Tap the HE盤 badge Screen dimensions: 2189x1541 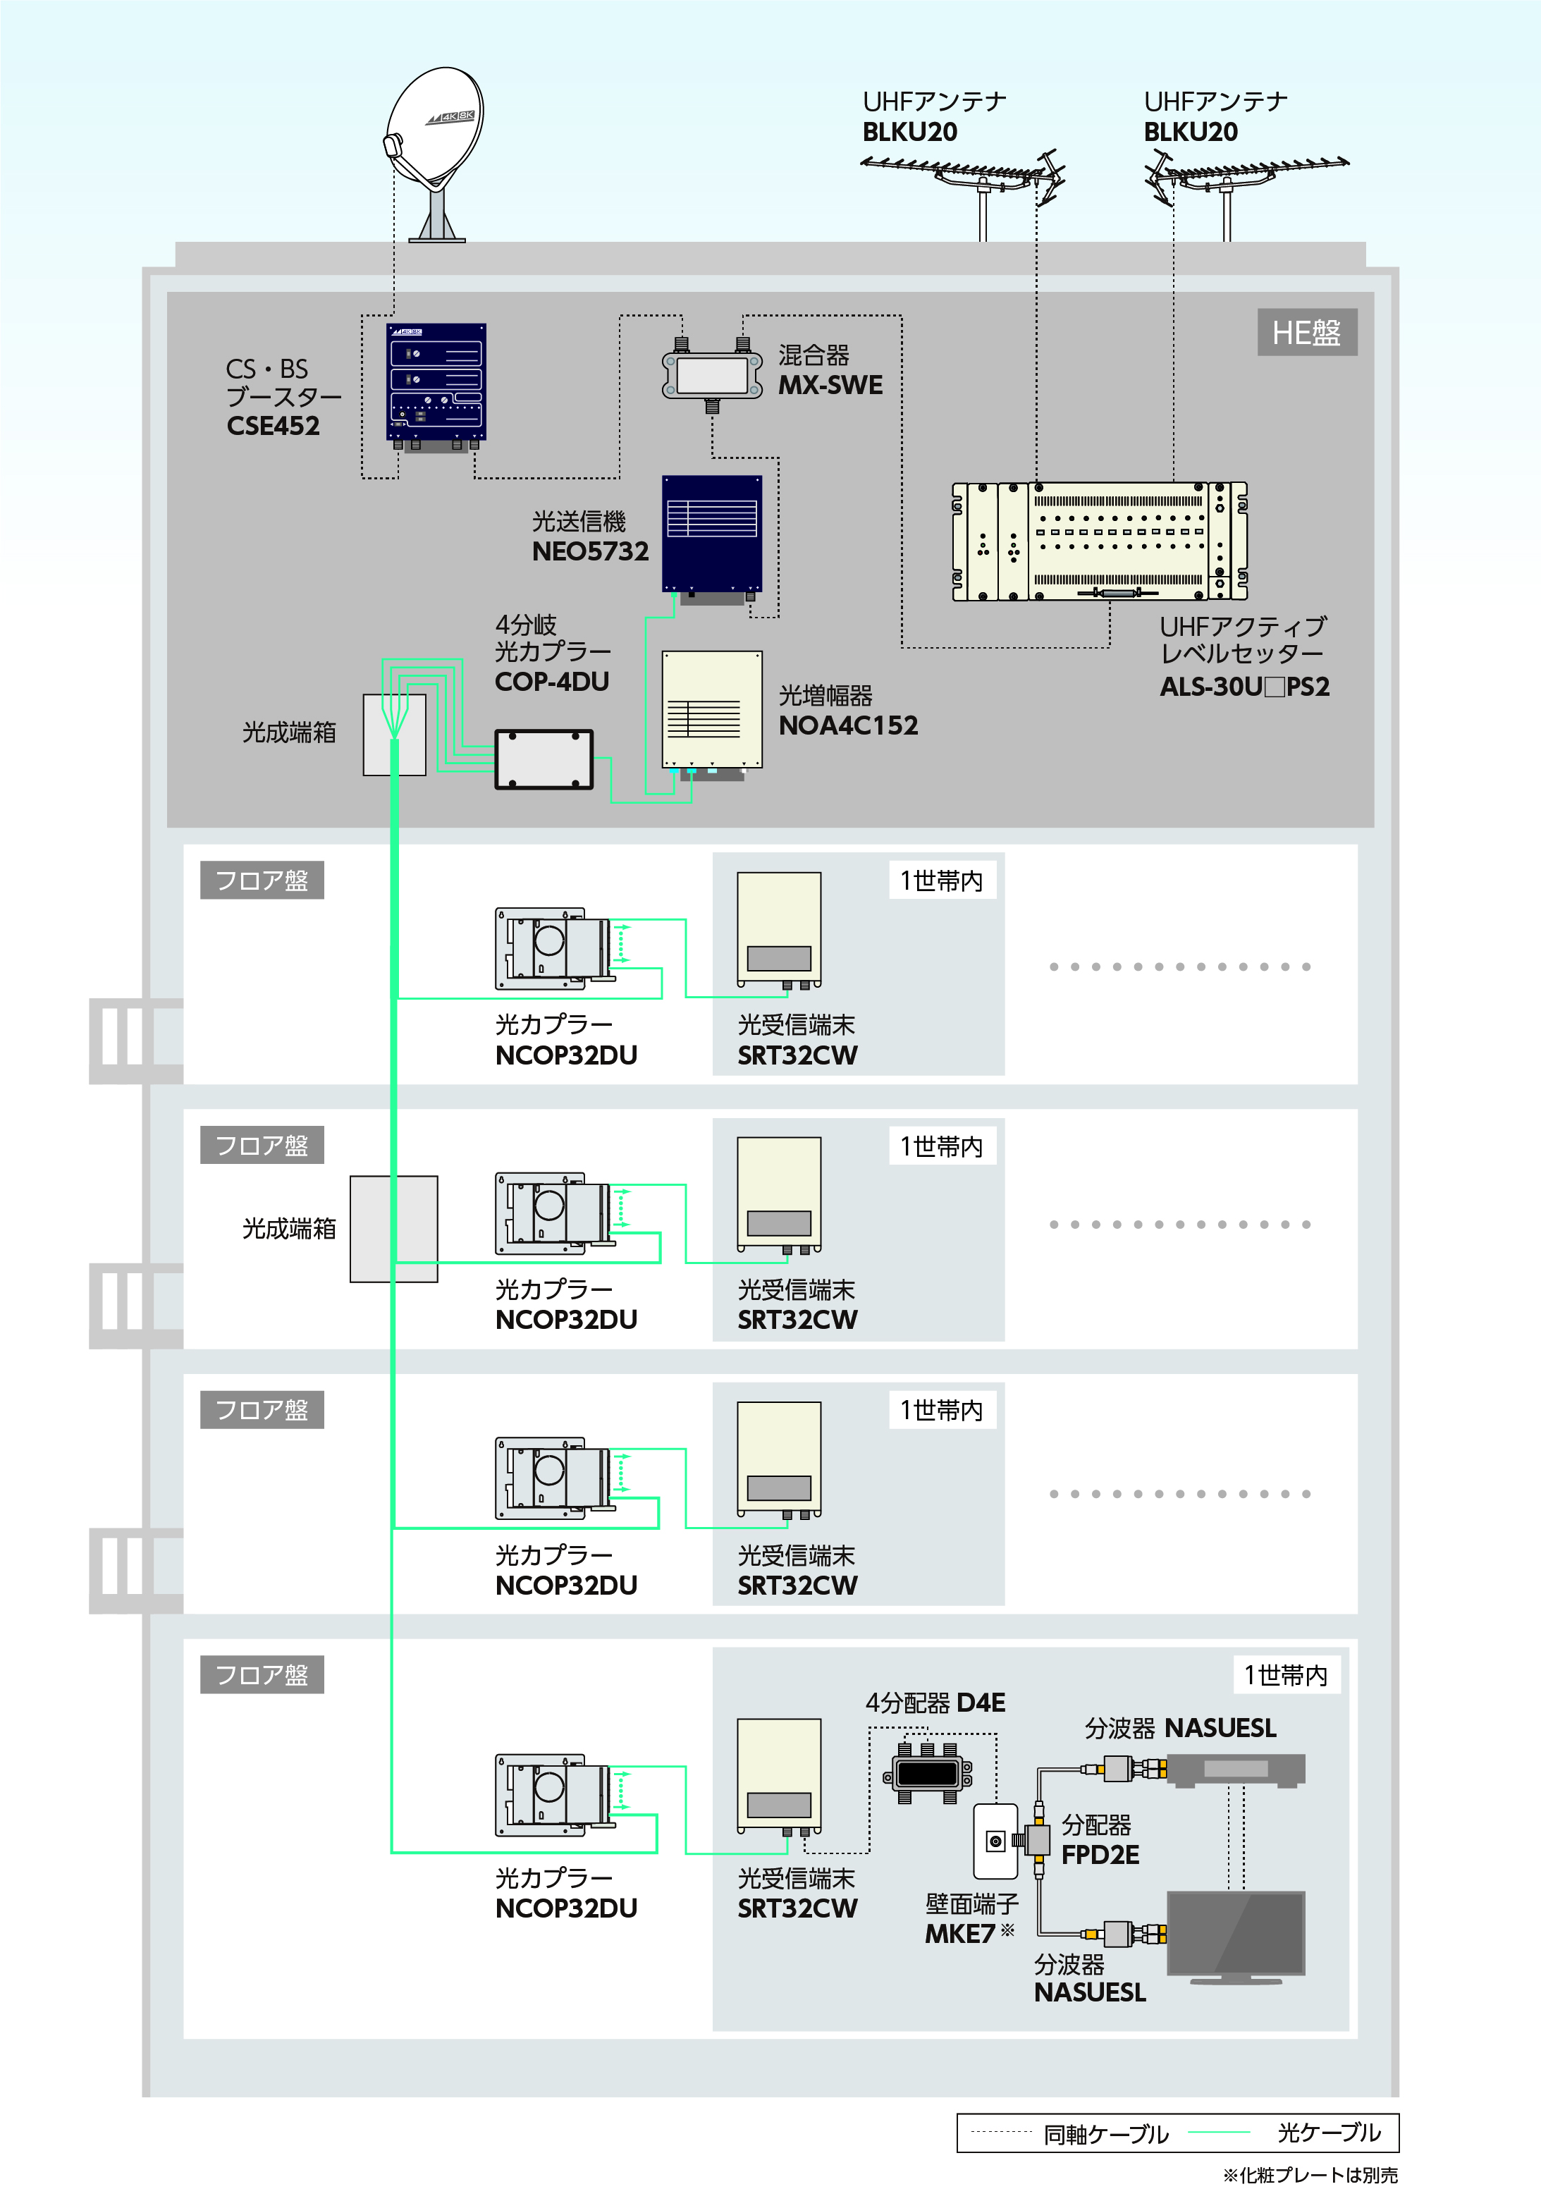[1306, 332]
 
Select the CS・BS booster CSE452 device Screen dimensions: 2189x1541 [436, 384]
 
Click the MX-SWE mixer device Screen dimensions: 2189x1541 [712, 374]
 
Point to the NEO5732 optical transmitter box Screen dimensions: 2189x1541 [712, 533]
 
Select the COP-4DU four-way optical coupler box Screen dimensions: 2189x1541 [544, 759]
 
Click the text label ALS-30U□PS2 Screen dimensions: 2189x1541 [1244, 687]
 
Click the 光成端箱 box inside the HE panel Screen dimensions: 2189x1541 [394, 734]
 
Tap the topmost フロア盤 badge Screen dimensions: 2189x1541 [262, 880]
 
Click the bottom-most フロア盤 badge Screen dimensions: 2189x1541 [262, 1674]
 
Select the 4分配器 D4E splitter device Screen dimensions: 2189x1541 [927, 1773]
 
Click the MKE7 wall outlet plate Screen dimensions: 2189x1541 [995, 1841]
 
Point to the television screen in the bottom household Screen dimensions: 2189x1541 [1235, 1932]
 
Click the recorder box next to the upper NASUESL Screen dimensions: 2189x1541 [1236, 1770]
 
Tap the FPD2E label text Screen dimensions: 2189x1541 [1100, 1854]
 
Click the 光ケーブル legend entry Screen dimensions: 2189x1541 [1327, 2133]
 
